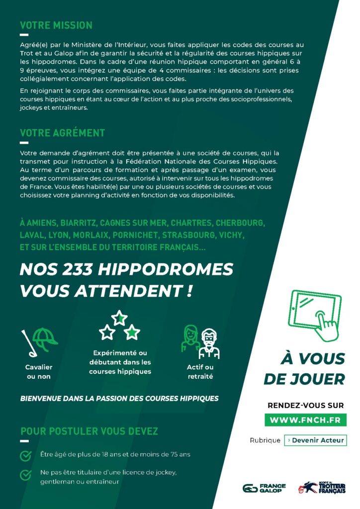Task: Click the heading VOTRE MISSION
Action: pos(56,25)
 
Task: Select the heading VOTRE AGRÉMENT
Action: pos(62,133)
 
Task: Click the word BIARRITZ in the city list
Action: pos(77,222)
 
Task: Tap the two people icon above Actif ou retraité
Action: pos(201,341)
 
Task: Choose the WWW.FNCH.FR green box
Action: pos(305,420)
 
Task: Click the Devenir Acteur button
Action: pos(315,440)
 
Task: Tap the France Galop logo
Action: pos(264,488)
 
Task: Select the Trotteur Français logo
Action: pos(322,488)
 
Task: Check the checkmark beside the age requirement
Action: pos(25,455)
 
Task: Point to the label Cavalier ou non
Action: pos(39,372)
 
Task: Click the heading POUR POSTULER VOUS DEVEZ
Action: pos(90,430)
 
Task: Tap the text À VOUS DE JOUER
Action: pos(304,368)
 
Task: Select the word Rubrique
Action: pos(265,440)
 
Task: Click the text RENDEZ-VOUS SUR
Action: pos(305,405)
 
